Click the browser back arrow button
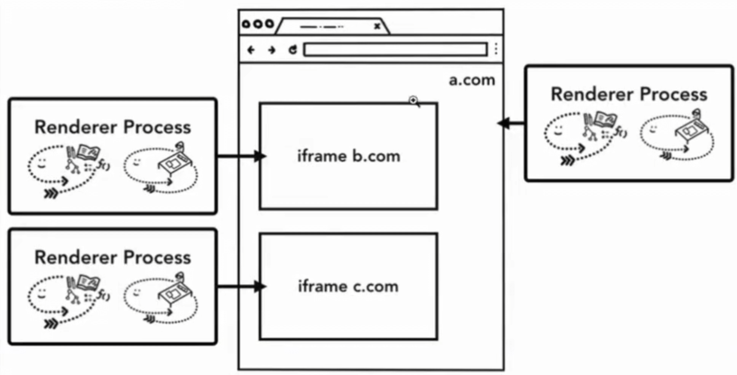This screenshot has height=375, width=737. tap(251, 50)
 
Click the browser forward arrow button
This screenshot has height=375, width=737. tap(272, 50)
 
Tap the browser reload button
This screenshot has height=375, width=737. tap(293, 50)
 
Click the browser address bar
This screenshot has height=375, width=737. tap(395, 50)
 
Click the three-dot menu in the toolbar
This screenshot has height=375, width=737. tap(496, 50)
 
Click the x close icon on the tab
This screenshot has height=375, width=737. tap(377, 26)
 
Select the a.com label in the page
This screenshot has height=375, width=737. tap(472, 80)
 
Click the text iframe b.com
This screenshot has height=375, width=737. tap(349, 157)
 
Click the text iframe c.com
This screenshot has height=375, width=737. tap(348, 286)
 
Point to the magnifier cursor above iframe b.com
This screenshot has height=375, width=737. tap(414, 101)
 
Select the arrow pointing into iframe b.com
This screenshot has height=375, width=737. tap(239, 157)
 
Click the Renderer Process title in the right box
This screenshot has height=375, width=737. tap(629, 94)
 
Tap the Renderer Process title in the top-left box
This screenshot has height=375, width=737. tap(113, 127)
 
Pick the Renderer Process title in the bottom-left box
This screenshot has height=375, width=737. tap(113, 257)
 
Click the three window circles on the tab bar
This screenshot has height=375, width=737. tap(257, 25)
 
